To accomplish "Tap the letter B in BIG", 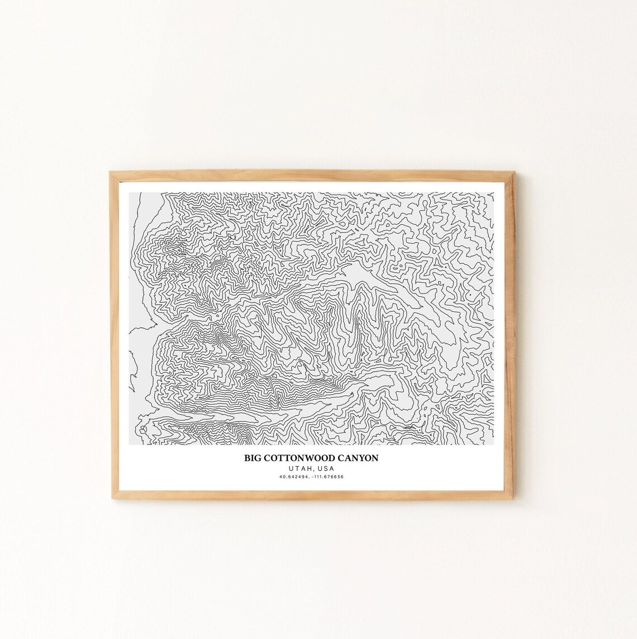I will click(246, 458).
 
